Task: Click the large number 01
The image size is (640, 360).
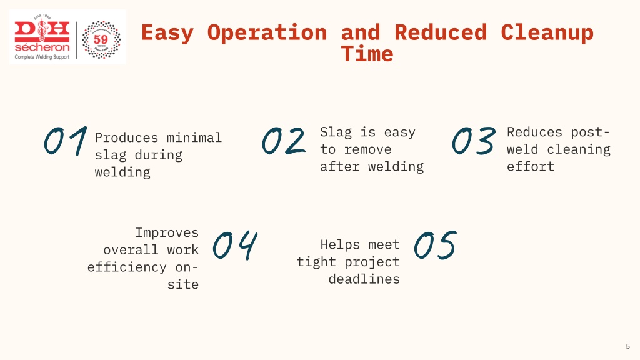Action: [x=66, y=141]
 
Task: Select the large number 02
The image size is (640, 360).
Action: [x=284, y=141]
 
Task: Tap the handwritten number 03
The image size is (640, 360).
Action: [x=474, y=141]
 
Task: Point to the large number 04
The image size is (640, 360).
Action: [x=235, y=246]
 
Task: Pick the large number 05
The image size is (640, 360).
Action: [x=435, y=245]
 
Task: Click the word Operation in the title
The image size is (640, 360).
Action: [x=267, y=32]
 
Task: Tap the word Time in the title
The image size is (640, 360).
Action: [x=367, y=54]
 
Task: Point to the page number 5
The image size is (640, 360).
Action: [x=627, y=346]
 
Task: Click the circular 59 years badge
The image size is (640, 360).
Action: [x=101, y=39]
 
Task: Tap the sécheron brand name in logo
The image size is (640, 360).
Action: [x=42, y=47]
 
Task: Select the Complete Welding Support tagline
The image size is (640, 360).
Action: [x=42, y=57]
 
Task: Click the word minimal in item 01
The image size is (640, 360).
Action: [x=194, y=137]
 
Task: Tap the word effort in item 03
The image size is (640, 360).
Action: [x=531, y=166]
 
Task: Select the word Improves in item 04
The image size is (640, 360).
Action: [x=167, y=233]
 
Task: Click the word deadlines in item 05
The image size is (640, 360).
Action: [x=364, y=279]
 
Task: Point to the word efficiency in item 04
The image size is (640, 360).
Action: [x=127, y=267]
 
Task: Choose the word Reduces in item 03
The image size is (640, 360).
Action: [x=535, y=132]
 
